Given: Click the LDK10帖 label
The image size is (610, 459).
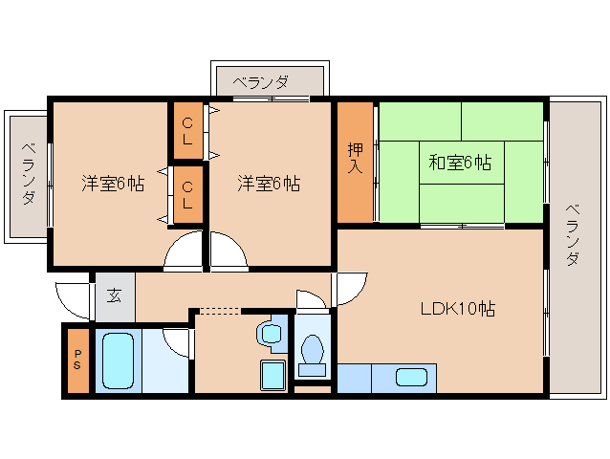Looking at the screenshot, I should coord(458,309).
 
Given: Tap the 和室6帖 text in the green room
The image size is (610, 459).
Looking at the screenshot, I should coord(459,163).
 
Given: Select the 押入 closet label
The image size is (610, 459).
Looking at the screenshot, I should coord(356,158).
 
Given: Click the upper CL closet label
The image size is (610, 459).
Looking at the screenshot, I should coord(187,130).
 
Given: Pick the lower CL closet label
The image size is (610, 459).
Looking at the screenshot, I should coord(187,194).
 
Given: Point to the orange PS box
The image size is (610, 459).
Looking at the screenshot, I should coord(77,361).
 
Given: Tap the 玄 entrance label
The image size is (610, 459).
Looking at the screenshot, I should coord(114,295).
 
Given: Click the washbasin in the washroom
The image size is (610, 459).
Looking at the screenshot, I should coord(270,334).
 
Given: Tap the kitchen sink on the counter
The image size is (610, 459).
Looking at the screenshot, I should coord(411,378).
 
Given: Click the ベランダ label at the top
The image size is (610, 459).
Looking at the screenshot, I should coord(259,82).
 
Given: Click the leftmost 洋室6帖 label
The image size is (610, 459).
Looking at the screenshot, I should coord(112,183).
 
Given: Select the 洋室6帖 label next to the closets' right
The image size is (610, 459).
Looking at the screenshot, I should coord(269,183).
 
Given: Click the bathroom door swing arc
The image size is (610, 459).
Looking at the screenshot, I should coord(176,340).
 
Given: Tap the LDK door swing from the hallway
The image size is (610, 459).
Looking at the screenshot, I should coord(351,290).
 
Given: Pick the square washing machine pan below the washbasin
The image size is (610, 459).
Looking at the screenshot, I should coord(272,375).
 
